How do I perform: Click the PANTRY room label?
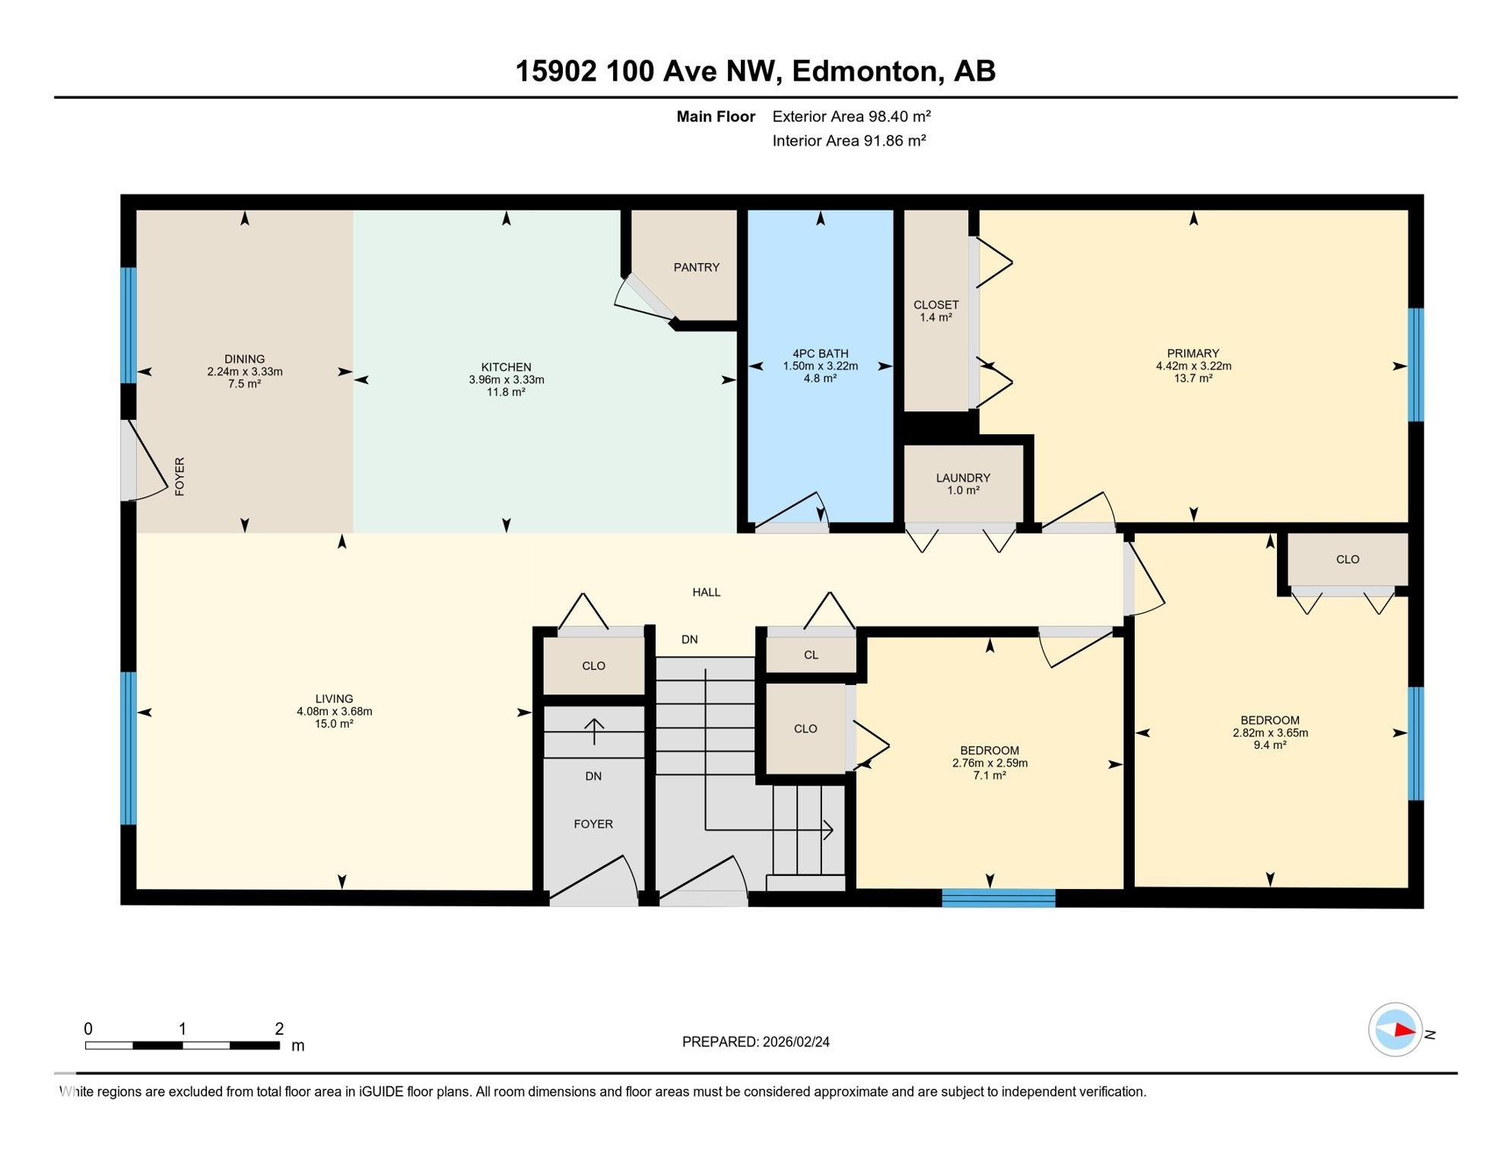click(696, 268)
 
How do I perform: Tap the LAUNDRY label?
click(963, 478)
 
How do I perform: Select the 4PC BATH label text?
click(820, 354)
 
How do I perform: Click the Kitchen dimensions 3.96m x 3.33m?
click(507, 380)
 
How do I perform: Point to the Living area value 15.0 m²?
click(335, 724)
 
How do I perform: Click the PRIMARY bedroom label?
click(1193, 354)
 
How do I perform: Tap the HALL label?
click(707, 592)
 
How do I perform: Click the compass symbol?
click(1395, 1030)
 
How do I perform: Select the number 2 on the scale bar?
click(279, 1029)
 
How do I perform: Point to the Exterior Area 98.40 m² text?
click(852, 116)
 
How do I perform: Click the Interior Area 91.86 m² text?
click(850, 141)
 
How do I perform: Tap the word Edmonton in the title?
click(864, 71)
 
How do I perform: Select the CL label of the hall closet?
click(811, 655)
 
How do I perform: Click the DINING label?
click(245, 360)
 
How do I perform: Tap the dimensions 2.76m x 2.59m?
click(989, 763)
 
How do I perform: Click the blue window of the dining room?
click(129, 325)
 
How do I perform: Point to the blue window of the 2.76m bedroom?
click(999, 898)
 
